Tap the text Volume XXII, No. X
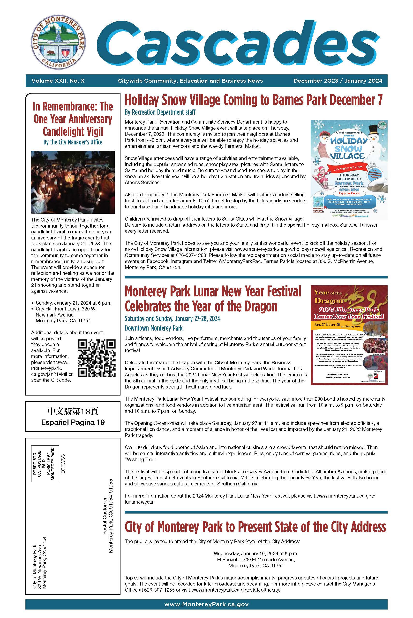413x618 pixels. [58, 81]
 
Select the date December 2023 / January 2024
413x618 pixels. [338, 81]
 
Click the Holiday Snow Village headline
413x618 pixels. [253, 100]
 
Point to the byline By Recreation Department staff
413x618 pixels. [160, 112]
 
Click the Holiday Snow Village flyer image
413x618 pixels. [349, 170]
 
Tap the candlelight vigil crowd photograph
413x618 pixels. [73, 182]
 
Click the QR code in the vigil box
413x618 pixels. [97, 358]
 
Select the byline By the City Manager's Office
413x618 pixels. [73, 142]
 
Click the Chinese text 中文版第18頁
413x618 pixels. [73, 411]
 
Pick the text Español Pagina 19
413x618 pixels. [73, 422]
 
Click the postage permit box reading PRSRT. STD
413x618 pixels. [45, 464]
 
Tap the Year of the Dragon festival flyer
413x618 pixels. [349, 335]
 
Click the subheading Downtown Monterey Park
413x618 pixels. [154, 328]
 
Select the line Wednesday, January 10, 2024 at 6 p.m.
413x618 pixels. [256, 553]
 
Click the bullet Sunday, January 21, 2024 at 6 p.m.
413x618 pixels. [73, 303]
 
